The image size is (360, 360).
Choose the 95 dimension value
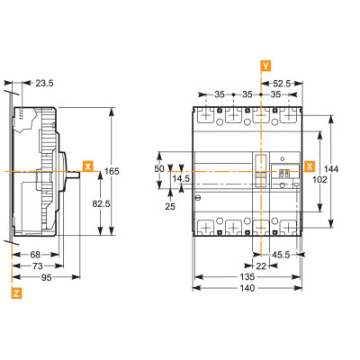[39, 279]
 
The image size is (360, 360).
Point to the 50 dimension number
[160, 168]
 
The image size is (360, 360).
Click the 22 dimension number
[261, 267]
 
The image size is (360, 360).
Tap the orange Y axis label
[264, 66]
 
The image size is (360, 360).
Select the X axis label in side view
[87, 166]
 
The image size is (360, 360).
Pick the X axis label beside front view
[309, 166]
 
